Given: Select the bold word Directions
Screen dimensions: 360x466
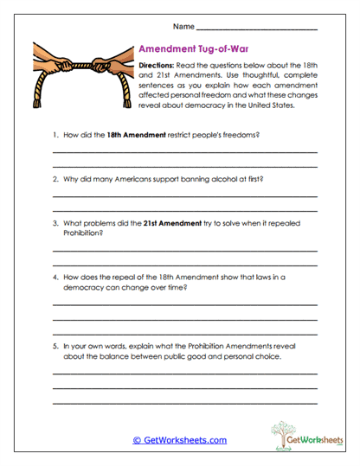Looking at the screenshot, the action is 159,67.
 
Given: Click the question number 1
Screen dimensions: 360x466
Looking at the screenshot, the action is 55,136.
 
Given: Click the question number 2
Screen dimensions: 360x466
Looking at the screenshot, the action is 55,179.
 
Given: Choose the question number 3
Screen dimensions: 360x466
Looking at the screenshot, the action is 55,223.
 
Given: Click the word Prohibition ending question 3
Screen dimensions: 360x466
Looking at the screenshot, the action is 83,233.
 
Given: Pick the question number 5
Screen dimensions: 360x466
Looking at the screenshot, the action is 55,345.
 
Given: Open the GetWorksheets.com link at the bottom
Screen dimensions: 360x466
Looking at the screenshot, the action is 179,440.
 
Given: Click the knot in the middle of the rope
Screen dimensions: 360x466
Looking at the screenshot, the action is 80,64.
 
